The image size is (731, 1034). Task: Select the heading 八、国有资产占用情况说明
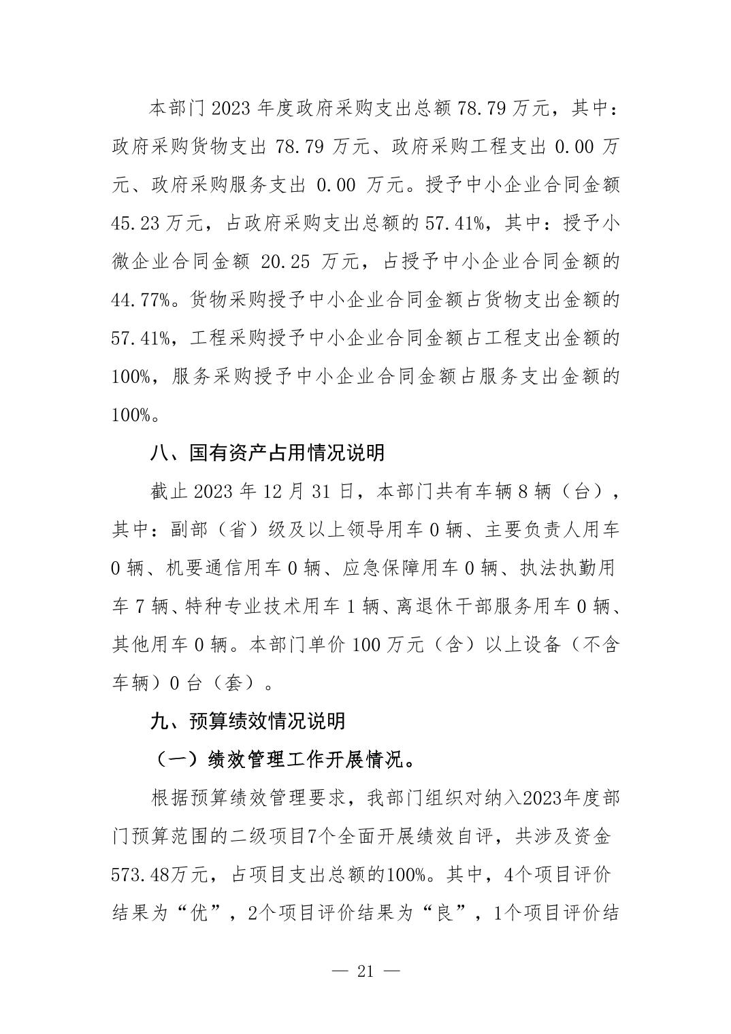pyautogui.click(x=267, y=452)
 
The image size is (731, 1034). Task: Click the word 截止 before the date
pyautogui.click(x=167, y=491)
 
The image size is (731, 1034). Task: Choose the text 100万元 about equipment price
pyautogui.click(x=390, y=644)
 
